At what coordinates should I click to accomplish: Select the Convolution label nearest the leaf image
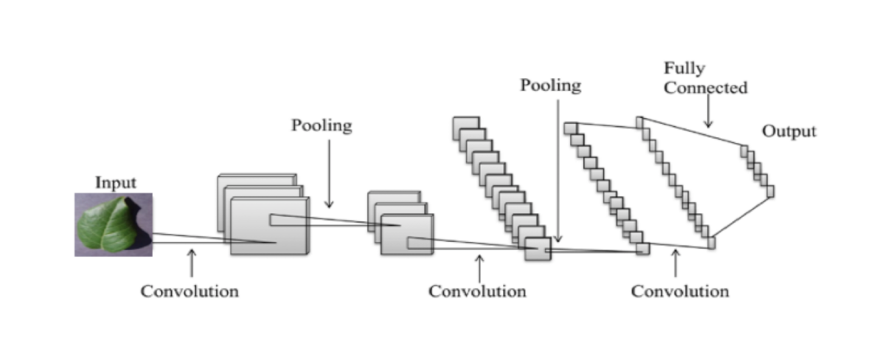[x=190, y=291]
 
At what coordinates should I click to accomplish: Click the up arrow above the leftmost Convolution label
[x=192, y=263]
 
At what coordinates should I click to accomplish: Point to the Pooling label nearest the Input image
[x=322, y=125]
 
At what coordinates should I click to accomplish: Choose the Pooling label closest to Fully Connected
[x=551, y=85]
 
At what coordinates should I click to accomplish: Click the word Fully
[x=684, y=69]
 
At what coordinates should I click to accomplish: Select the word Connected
[x=706, y=88]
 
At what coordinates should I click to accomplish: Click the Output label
[x=789, y=131]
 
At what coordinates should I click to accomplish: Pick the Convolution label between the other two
[x=477, y=291]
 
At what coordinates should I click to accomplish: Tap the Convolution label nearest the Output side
[x=680, y=291]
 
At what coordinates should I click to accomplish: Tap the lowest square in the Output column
[x=770, y=191]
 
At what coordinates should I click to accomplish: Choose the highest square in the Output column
[x=744, y=150]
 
